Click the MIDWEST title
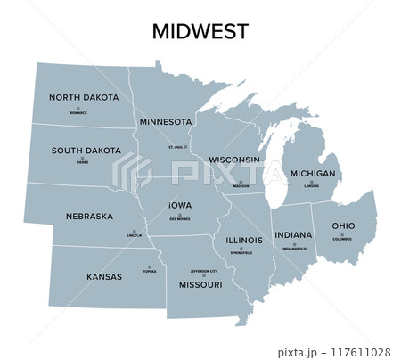tap(200, 31)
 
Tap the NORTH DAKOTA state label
tap(84, 97)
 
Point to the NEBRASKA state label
tap(89, 216)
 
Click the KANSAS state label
tap(104, 276)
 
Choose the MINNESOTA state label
tap(166, 120)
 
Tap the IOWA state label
tap(180, 205)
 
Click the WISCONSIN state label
tap(234, 160)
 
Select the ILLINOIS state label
tap(244, 241)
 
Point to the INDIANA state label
tap(293, 235)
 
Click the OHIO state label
tap(343, 226)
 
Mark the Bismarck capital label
tap(78, 114)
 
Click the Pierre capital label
tap(83, 163)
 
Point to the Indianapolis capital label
tap(294, 249)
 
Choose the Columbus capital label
tap(343, 239)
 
